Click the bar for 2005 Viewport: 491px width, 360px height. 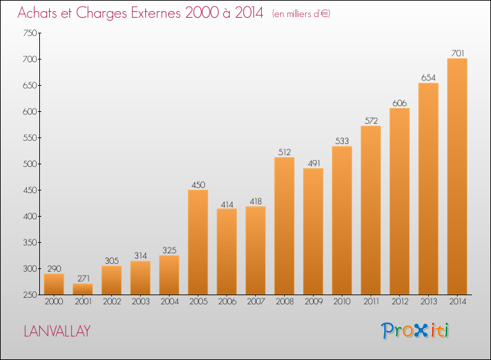198,242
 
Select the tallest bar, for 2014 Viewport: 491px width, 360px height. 457,177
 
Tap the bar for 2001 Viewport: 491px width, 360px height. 82,289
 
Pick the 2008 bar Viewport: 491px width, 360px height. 284,226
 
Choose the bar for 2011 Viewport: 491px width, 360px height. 371,209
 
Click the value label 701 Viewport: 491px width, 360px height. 457,52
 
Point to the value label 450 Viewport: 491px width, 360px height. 198,184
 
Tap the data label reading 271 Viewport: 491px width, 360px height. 82,278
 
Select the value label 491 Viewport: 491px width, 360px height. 313,162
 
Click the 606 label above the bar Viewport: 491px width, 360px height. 399,102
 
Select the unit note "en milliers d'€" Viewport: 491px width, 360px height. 302,14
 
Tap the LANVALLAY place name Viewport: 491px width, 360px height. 58,331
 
